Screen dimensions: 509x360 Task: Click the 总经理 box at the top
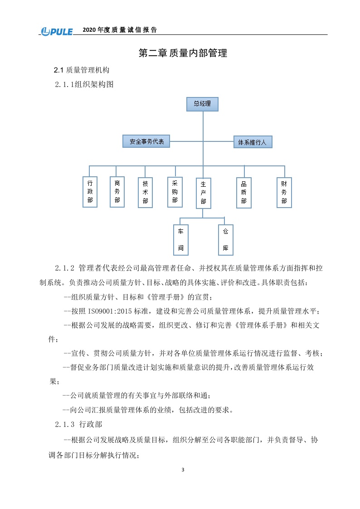coord(202,104)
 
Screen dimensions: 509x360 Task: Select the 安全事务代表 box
coord(146,141)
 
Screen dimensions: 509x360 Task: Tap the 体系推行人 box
coord(253,142)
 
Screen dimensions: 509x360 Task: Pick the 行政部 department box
coord(90,192)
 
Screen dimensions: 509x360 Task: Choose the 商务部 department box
coord(117,192)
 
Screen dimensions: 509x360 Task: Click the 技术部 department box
coord(145,193)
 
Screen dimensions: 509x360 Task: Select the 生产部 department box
coord(203,193)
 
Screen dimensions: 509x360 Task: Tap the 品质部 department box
coord(243,193)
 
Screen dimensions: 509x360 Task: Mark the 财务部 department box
coord(284,192)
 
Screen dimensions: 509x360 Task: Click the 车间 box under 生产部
coord(180,240)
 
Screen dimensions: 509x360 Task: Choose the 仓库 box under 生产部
coord(225,240)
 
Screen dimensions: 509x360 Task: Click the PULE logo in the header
coord(57,31)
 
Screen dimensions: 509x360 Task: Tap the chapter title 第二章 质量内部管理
coord(182,53)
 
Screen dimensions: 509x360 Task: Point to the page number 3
coord(183,470)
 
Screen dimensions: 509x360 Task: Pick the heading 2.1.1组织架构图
coord(84,84)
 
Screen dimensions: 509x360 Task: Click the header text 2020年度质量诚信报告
coord(120,30)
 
